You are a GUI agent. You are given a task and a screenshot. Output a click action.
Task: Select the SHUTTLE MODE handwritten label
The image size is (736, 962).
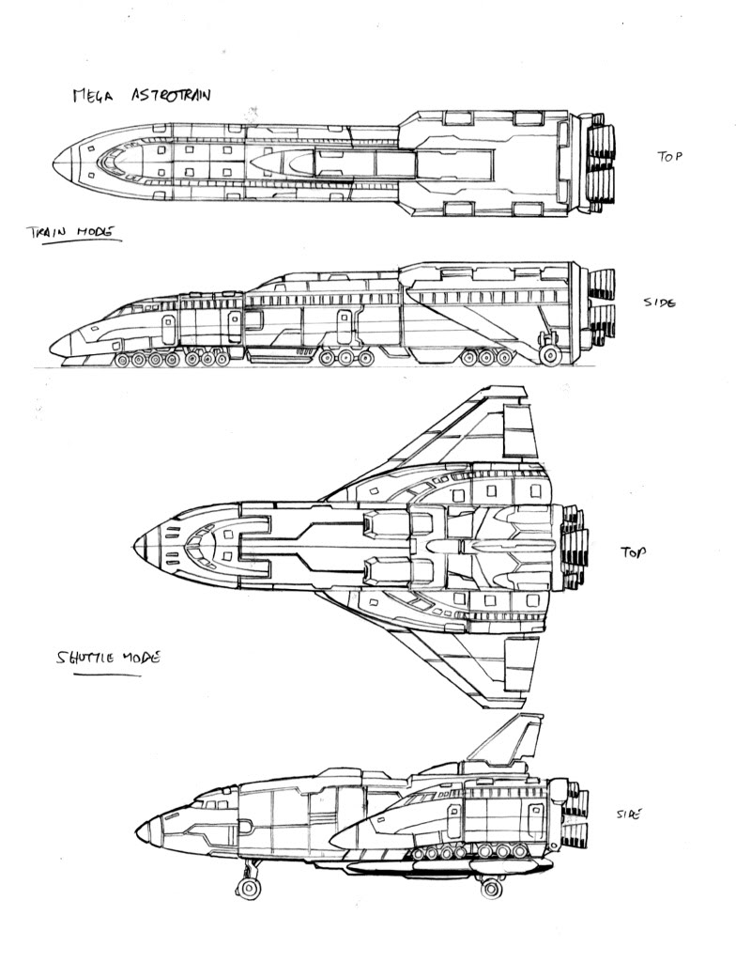(105, 658)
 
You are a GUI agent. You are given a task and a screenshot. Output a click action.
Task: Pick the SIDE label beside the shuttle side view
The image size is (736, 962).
(627, 815)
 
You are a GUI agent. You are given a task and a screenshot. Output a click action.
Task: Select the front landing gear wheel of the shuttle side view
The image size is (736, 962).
(248, 886)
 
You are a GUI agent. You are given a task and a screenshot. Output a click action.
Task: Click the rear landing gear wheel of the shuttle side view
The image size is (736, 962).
(491, 886)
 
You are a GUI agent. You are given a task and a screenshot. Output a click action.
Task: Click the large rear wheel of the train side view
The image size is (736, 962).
(551, 354)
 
